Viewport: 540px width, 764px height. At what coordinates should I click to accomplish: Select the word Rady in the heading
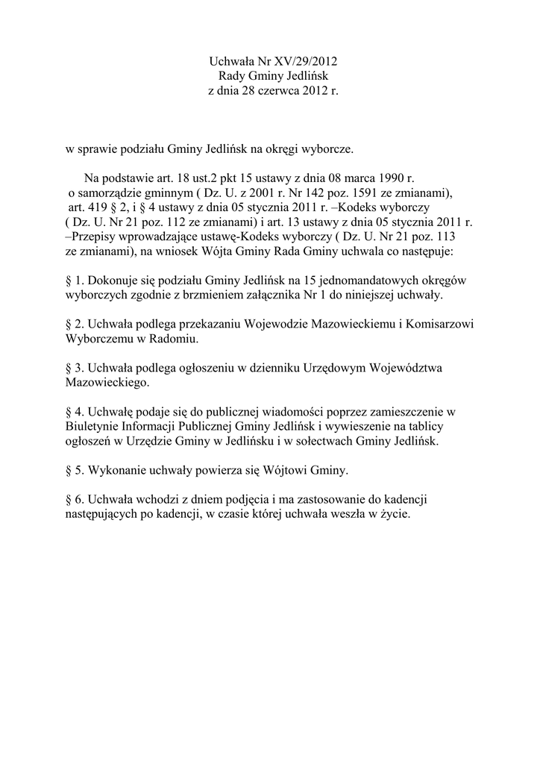pyautogui.click(x=231, y=77)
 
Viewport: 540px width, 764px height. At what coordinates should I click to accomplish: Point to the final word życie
pyautogui.click(x=395, y=515)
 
